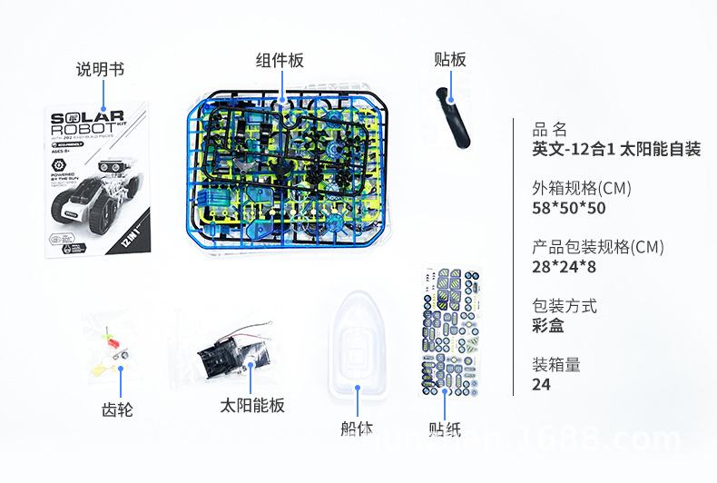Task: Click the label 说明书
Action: pos(100,69)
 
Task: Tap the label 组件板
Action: pos(279,61)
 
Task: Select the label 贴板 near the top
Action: pos(449,60)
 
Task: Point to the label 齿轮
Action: pos(117,409)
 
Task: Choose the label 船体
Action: pos(356,429)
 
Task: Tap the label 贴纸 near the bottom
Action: pos(445,429)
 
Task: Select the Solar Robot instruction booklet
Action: pos(97,179)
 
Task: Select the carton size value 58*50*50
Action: pos(569,209)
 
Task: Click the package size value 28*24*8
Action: pos(565,267)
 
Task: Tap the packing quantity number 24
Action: pos(542,384)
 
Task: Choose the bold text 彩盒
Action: pos(548,326)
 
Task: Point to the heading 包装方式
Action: pos(565,306)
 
